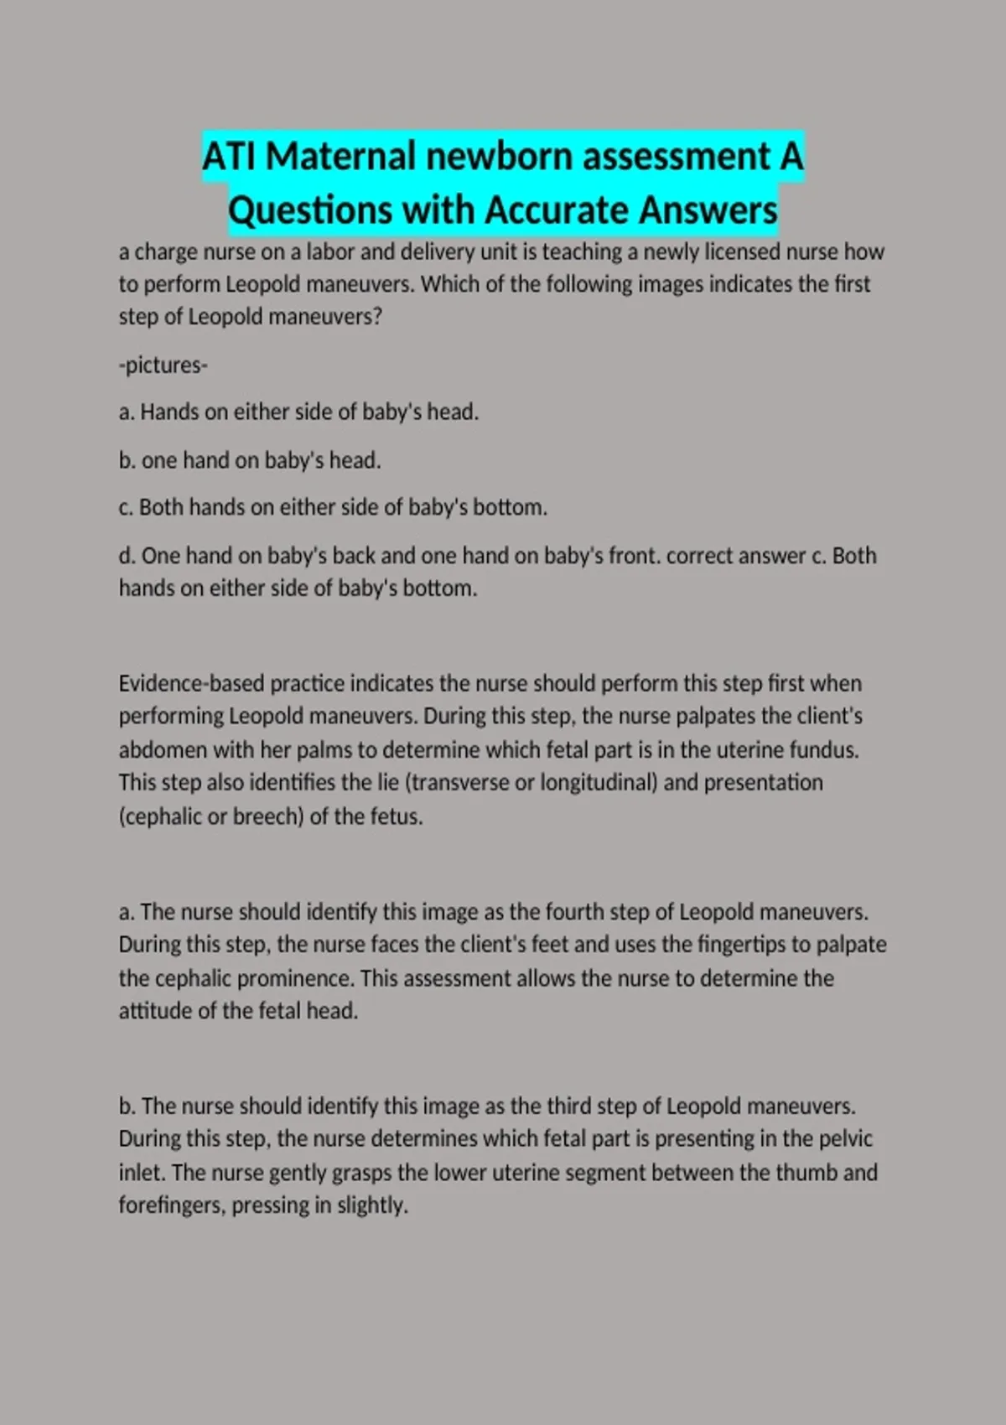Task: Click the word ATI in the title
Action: [x=230, y=156]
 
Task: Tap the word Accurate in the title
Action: [x=557, y=210]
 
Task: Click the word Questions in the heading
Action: [x=310, y=210]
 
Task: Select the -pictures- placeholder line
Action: [x=163, y=365]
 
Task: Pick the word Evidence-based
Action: [x=191, y=684]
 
